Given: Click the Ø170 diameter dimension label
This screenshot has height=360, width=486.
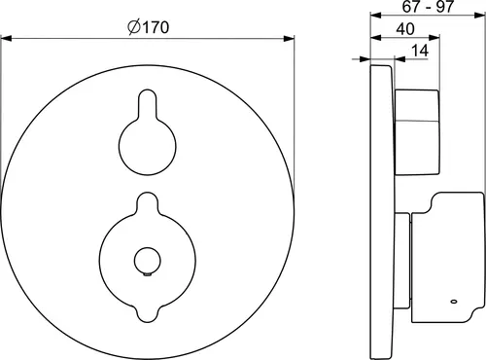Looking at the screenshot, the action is tap(149, 27).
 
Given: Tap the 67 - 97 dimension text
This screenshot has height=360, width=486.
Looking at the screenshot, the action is tap(428, 7).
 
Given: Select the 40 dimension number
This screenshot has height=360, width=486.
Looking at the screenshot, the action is tap(405, 29).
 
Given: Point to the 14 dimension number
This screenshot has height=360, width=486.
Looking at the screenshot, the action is tap(420, 51).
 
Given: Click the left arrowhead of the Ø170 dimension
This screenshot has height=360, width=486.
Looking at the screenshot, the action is tap(7, 39).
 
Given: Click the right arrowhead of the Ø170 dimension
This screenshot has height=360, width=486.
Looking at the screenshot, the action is tap(289, 39).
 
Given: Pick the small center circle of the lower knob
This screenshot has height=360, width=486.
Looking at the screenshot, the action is tap(148, 261).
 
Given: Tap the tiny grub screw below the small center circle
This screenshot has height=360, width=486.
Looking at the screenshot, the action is tap(148, 275).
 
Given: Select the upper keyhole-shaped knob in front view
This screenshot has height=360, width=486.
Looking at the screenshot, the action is tap(148, 132).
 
